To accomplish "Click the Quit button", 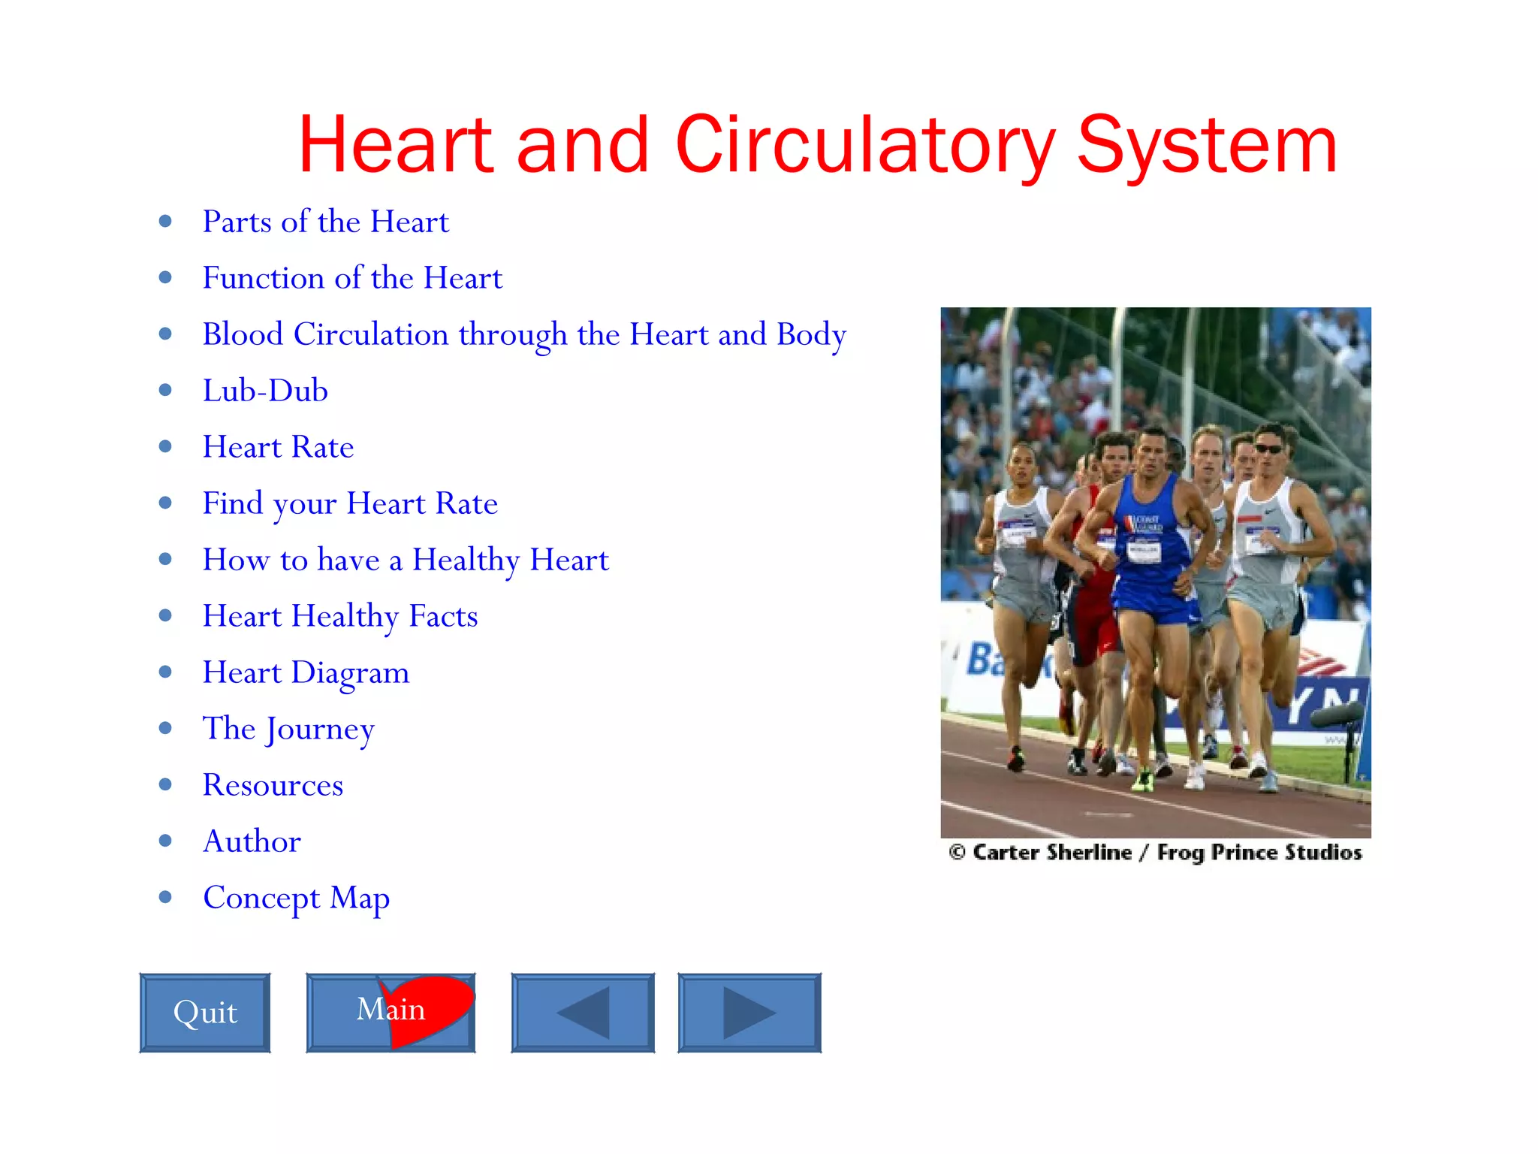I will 204,1012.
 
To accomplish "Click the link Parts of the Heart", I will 325,222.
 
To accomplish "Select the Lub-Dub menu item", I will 265,391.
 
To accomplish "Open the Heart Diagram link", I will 306,672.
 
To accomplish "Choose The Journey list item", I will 288,729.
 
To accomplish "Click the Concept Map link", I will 296,898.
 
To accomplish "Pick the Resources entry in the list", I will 273,785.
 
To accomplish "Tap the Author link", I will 252,841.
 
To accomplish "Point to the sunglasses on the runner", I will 1268,449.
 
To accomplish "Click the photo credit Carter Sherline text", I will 1051,853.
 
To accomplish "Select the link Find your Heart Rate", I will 350,503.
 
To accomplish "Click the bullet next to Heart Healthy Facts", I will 165,615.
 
